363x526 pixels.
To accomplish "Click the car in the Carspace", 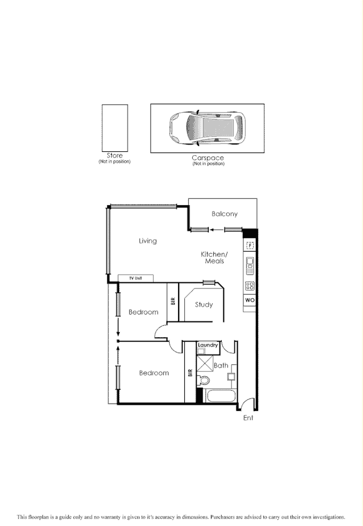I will point(208,128).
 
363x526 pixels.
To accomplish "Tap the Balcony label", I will point(225,214).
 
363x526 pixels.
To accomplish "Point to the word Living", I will point(147,241).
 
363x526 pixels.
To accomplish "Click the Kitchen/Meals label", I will point(214,257).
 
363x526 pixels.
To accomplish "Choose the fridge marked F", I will point(250,245).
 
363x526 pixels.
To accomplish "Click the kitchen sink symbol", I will point(250,265).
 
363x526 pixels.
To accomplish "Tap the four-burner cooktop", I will point(250,286).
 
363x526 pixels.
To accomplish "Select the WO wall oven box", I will point(250,299).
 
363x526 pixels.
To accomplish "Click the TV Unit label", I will point(135,278).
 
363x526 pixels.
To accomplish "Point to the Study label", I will point(204,305).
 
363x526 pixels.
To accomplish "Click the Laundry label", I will point(208,345).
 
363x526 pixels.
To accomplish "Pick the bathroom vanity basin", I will point(231,376).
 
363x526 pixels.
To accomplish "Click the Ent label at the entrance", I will point(248,418).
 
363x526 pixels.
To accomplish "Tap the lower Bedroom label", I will point(154,373).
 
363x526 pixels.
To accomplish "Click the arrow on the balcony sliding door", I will point(216,230).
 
